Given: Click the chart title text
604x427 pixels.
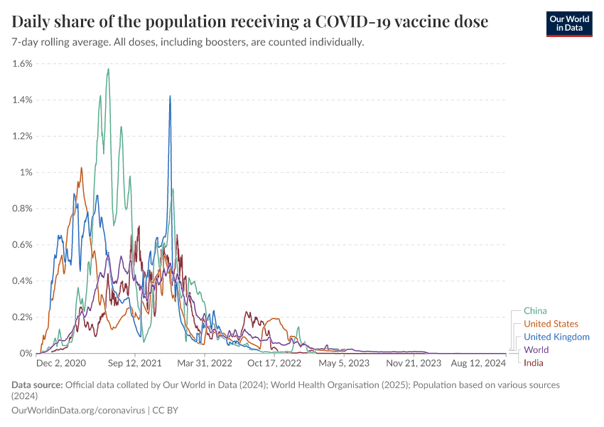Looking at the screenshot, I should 250,21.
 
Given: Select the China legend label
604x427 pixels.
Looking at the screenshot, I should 535,310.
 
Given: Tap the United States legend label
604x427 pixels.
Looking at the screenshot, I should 551,324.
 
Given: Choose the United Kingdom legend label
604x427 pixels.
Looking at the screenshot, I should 556,337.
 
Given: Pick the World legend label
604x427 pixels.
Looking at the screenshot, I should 536,350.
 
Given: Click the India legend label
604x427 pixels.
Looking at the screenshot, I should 534,363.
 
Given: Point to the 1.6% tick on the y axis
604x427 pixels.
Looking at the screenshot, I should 22,63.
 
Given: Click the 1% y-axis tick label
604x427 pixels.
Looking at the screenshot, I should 26,172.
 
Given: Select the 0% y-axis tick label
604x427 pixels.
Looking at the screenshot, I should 26,353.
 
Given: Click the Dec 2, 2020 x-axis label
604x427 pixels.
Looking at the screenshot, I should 61,363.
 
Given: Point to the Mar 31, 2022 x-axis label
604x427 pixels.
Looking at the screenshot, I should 205,363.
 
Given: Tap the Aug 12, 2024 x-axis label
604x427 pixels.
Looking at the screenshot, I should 480,363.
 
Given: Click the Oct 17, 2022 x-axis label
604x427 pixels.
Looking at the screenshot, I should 275,363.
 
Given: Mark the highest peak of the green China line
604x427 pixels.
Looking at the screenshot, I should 108,69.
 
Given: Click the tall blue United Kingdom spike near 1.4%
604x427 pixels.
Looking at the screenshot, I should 170,96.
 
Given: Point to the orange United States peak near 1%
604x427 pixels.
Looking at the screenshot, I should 82,168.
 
